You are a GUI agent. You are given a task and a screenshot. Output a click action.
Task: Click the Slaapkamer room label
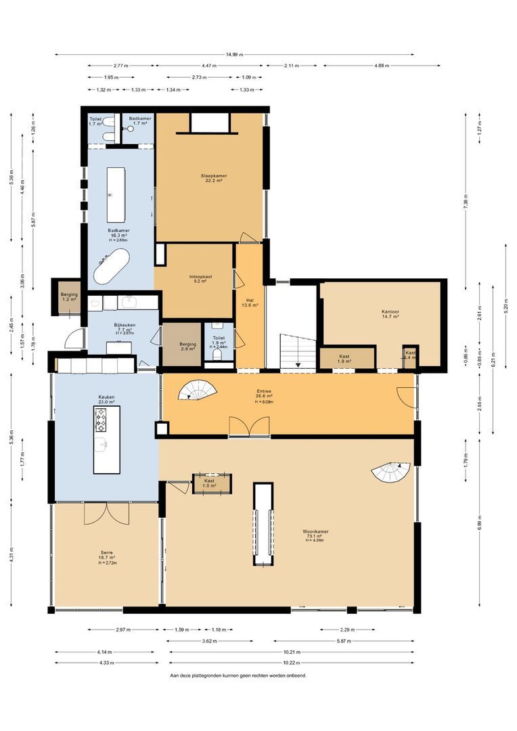pyautogui.click(x=213, y=178)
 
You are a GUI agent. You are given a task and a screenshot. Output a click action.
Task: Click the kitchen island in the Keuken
pyautogui.click(x=105, y=439)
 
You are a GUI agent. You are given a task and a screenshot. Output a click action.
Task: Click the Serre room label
pyautogui.click(x=106, y=556)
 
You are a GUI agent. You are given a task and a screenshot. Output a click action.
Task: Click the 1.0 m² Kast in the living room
pyautogui.click(x=210, y=483)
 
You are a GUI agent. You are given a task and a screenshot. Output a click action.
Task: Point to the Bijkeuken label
pyautogui.click(x=125, y=327)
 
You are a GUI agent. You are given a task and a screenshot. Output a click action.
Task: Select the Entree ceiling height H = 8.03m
pyautogui.click(x=264, y=401)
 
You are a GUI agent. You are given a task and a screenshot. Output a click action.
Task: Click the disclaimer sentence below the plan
pyautogui.click(x=242, y=675)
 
